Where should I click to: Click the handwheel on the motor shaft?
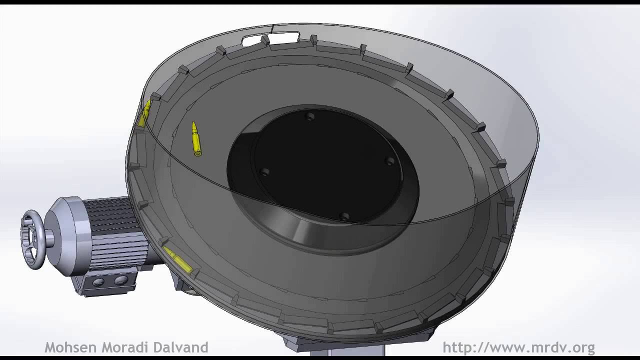coord(33,239)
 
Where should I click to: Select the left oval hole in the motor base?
coord(98,282)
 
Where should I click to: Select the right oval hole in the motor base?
coord(120,281)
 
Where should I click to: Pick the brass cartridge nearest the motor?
coord(177,260)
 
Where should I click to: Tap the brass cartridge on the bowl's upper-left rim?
coord(145,114)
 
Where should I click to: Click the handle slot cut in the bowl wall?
coord(270,38)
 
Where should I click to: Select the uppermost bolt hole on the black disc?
coord(310,116)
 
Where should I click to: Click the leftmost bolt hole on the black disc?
coord(265,172)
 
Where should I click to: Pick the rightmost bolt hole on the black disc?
coord(389,160)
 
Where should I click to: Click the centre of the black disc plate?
coord(327,165)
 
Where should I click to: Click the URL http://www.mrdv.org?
coord(518,347)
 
